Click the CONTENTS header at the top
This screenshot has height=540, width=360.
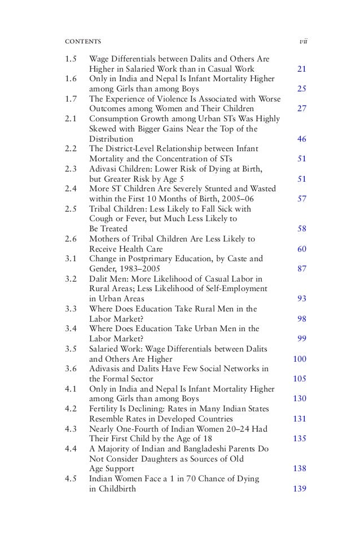tap(83, 42)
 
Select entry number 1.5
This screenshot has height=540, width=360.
tap(71, 59)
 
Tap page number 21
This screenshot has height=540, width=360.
tap(301, 69)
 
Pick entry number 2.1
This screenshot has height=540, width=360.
tap(71, 118)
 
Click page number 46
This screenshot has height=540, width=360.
tap(301, 138)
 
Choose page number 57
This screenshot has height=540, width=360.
tap(301, 199)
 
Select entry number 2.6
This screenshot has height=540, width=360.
tap(71, 239)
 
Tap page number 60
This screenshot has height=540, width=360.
tap(301, 248)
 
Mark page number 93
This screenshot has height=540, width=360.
tap(301, 298)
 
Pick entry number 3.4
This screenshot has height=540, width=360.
tap(71, 328)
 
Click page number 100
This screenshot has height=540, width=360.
tap(300, 358)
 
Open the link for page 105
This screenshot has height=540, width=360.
tap(300, 379)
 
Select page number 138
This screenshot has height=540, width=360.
tap(300, 468)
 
